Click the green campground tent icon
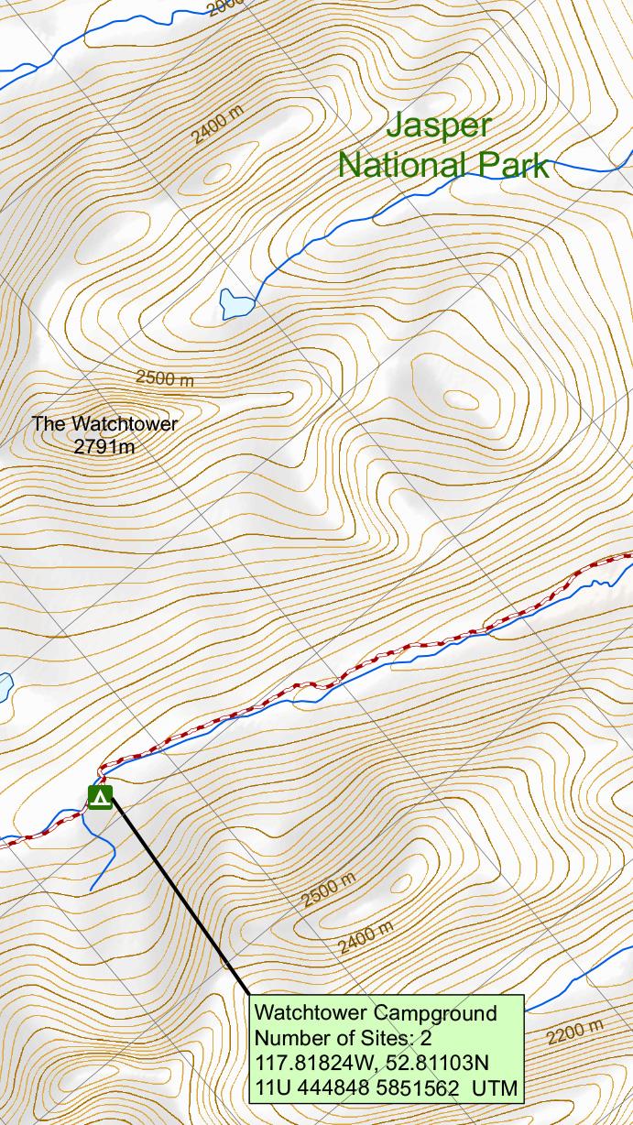click(x=100, y=797)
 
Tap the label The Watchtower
click(x=104, y=424)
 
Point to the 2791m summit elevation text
click(x=104, y=447)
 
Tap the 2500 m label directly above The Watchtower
click(x=165, y=378)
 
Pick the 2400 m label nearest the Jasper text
click(x=218, y=125)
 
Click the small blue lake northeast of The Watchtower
click(x=235, y=302)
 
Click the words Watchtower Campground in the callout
click(x=376, y=1013)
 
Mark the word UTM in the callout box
click(x=495, y=1089)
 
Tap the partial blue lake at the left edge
click(x=5, y=686)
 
